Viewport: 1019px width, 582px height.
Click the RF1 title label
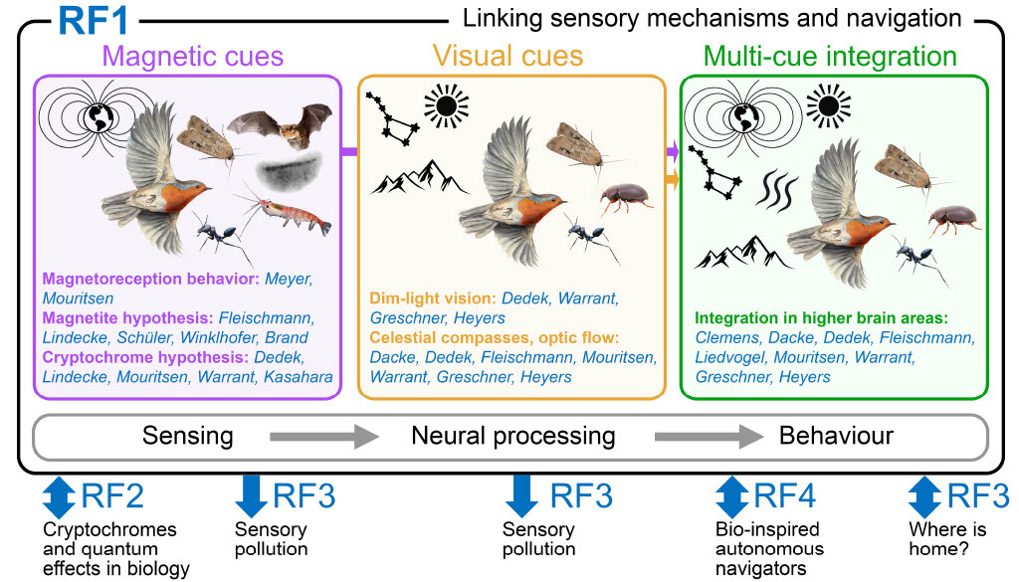(x=98, y=19)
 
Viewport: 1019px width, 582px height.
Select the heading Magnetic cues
(x=193, y=56)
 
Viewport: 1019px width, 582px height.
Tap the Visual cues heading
(x=511, y=56)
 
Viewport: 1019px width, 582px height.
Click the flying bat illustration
(x=278, y=126)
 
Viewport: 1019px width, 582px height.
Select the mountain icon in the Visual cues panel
(x=421, y=177)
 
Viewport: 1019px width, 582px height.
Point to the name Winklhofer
(x=229, y=337)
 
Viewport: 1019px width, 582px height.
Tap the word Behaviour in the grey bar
(x=836, y=436)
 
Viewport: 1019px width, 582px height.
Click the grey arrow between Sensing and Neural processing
(x=323, y=436)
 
